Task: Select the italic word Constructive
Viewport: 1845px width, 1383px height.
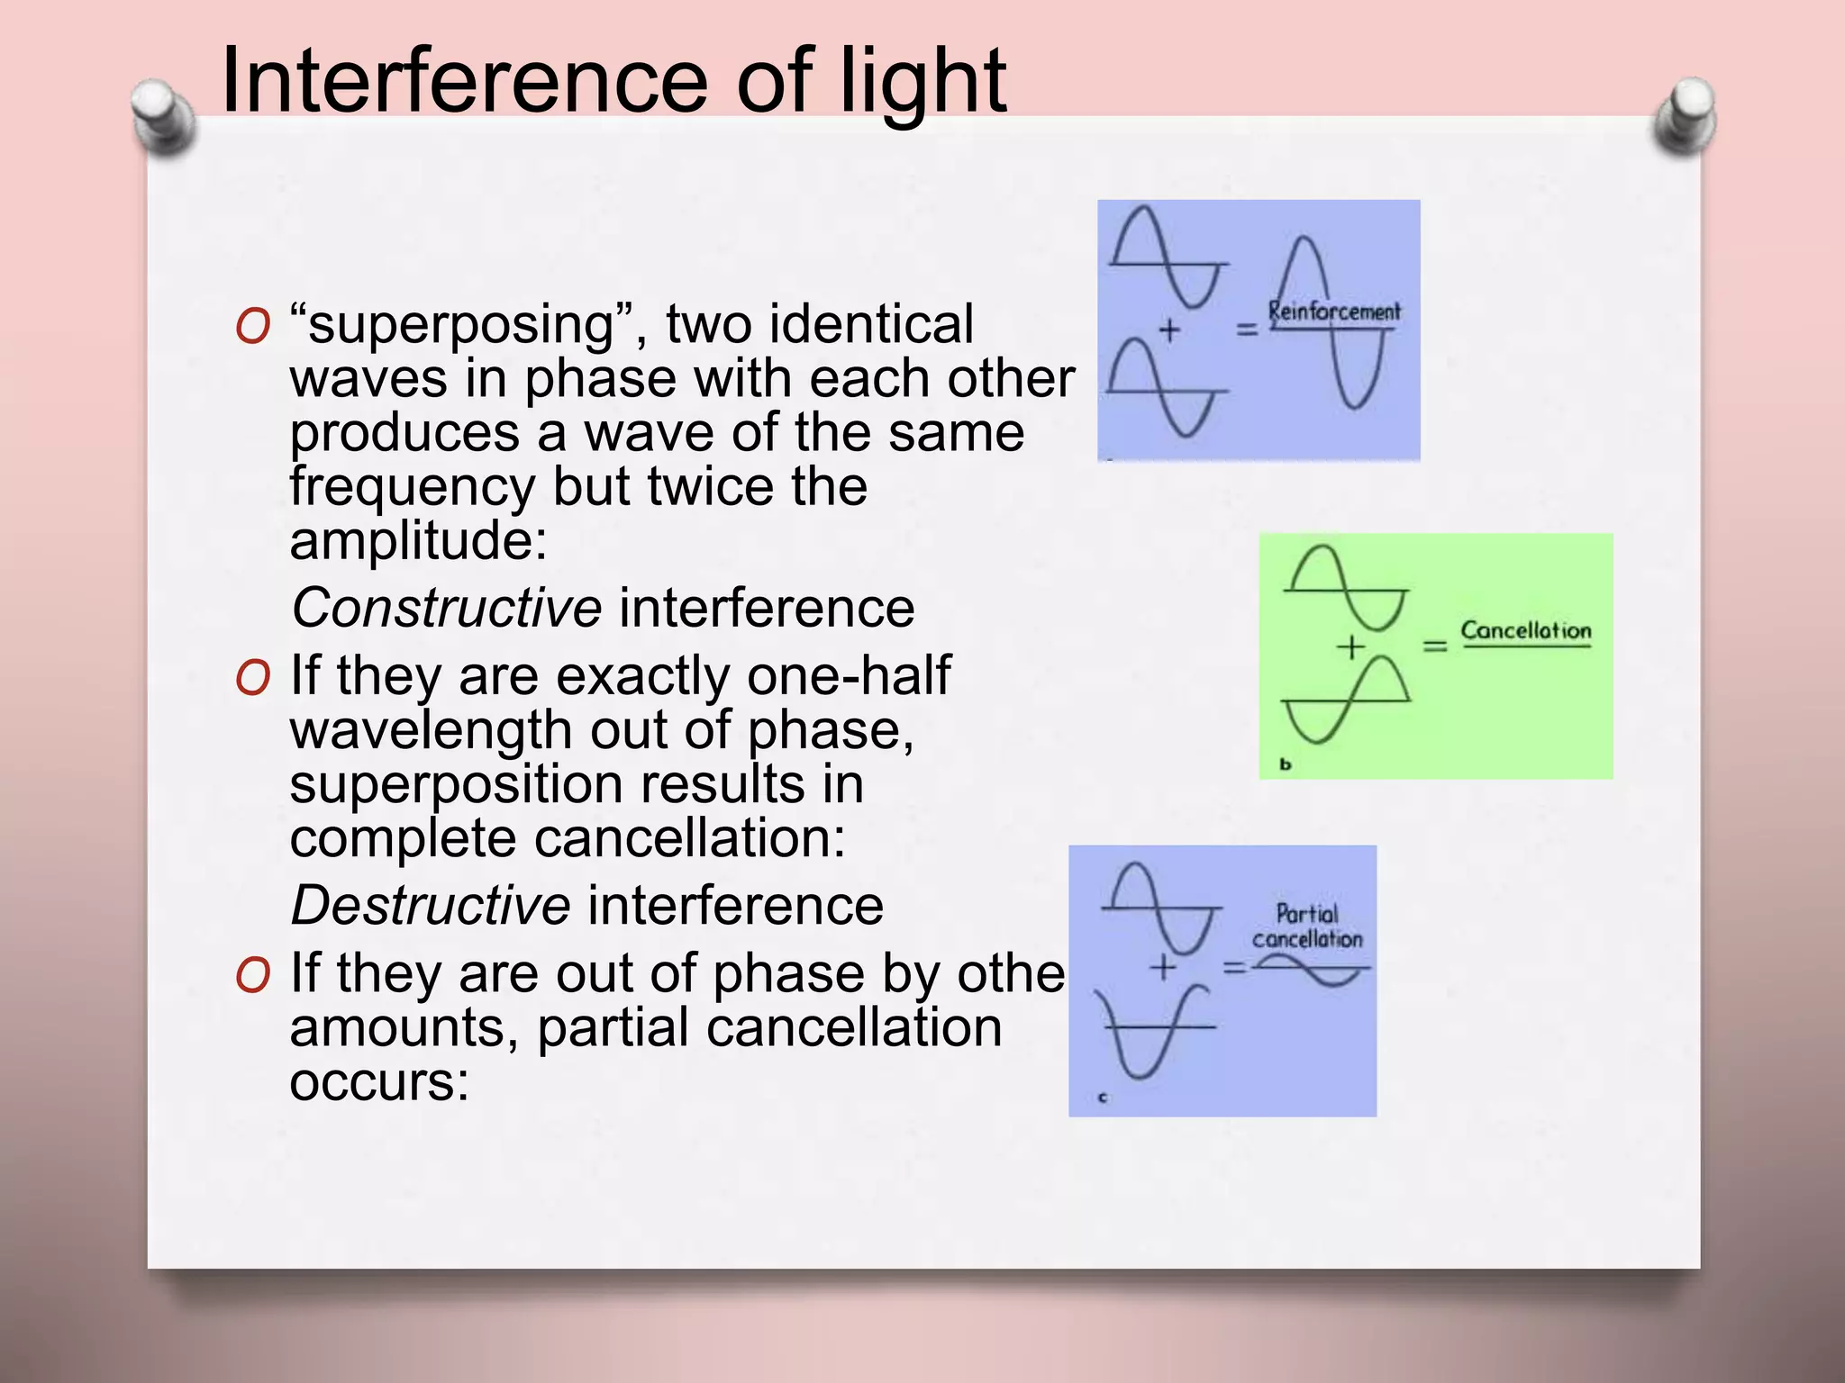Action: [447, 608]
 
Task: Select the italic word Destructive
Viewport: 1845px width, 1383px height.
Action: [431, 905]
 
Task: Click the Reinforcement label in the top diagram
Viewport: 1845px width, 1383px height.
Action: [1334, 312]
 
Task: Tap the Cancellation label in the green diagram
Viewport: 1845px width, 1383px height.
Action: [1525, 630]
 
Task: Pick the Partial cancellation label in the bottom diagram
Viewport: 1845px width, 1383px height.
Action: [1307, 927]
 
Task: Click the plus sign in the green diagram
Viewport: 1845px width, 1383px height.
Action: [1350, 646]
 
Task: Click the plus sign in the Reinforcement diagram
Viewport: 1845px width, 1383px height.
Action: [1168, 330]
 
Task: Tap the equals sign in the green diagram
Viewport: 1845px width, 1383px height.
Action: [1434, 646]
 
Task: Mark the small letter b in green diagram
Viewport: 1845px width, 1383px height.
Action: [1286, 764]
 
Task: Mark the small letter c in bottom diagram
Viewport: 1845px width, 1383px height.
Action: [1104, 1098]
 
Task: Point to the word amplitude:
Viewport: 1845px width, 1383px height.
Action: [418, 541]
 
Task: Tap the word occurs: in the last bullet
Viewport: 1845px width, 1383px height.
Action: [379, 1081]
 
